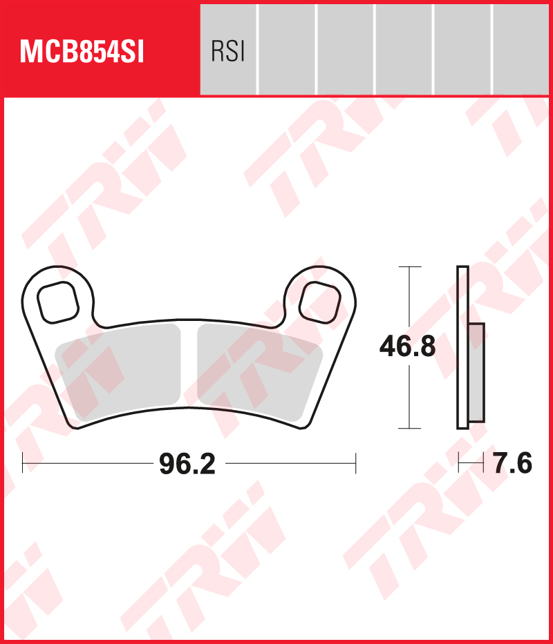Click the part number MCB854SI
click(82, 52)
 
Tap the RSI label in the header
click(227, 52)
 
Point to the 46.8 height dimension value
click(407, 347)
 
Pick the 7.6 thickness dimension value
click(512, 464)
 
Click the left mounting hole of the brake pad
click(57, 302)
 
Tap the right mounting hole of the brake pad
click(320, 302)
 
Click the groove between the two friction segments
click(189, 366)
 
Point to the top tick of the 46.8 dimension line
click(410, 266)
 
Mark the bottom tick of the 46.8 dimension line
click(410, 429)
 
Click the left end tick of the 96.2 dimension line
click(23, 463)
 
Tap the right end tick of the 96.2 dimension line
click(355, 463)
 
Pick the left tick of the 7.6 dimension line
click(459, 463)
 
